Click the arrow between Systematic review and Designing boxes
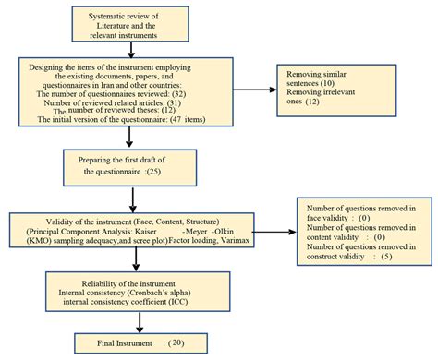coord(130,52)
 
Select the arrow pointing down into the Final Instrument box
coord(139,320)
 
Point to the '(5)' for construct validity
coord(387,256)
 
